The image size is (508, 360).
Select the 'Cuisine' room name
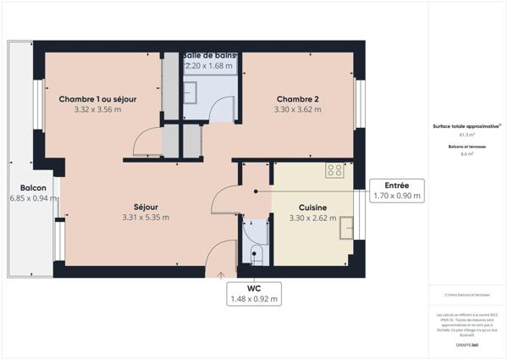click(313, 208)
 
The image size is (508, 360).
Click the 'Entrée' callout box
click(397, 190)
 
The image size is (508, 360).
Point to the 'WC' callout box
click(253, 293)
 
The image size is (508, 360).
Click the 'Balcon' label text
click(33, 188)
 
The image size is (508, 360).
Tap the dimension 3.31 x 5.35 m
click(145, 218)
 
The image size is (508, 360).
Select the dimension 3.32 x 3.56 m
click(97, 109)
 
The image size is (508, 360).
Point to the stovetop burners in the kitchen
click(335, 169)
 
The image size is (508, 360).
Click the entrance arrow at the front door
click(221, 274)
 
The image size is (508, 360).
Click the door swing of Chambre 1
click(146, 141)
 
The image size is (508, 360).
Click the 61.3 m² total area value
click(467, 134)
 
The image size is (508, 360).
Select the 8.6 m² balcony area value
click(467, 154)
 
